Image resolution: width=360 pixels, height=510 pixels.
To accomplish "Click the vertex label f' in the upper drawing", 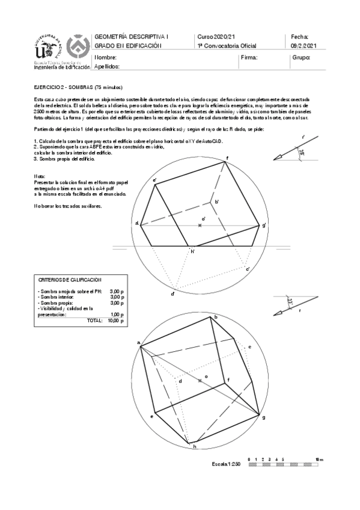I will point(227,158).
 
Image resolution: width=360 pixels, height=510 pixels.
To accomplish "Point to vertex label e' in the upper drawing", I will point(155,180).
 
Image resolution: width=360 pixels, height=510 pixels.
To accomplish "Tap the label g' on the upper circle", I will point(264,225).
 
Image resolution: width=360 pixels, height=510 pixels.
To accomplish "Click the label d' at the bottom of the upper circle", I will point(172,293).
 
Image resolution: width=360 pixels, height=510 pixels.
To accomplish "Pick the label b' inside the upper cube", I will point(216,201).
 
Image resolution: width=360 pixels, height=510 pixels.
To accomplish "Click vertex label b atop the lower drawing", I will point(215,316).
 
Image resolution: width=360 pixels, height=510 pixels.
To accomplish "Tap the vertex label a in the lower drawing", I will point(138,343).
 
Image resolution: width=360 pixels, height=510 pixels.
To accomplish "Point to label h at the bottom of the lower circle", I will point(194,446).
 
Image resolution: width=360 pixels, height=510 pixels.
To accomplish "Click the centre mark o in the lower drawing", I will point(201,380).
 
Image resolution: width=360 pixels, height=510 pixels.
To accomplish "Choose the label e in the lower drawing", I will point(151,416).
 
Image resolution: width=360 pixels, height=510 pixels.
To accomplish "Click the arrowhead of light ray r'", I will point(278,158).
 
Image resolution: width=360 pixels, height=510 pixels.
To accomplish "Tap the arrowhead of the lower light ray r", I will point(277,313).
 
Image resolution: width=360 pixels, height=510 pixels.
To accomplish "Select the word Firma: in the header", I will point(249,58).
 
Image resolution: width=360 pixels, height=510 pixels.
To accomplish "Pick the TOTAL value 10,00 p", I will point(115,321).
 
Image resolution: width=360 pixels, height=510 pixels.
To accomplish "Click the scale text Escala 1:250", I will point(226,464).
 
